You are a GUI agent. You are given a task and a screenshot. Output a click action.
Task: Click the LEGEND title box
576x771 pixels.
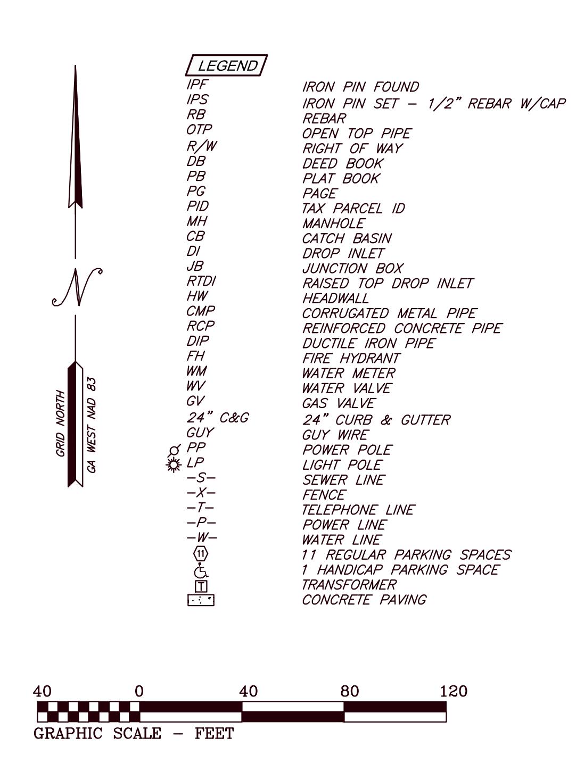[226, 65]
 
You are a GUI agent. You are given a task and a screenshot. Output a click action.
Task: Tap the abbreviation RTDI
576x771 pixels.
[201, 281]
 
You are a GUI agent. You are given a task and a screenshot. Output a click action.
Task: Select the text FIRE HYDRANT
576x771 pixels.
[351, 358]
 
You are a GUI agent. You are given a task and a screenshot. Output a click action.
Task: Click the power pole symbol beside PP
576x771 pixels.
[174, 450]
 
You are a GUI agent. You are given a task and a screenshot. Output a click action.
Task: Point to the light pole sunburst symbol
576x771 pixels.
[174, 465]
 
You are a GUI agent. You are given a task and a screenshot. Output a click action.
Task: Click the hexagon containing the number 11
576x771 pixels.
[201, 554]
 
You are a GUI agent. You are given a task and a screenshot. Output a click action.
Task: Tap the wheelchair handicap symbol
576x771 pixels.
[201, 571]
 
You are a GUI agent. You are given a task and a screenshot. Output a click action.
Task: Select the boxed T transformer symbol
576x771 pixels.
[201, 586]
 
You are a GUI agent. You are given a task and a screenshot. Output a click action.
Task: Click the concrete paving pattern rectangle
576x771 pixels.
[201, 600]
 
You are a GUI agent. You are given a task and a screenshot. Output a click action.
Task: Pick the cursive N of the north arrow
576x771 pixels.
[77, 287]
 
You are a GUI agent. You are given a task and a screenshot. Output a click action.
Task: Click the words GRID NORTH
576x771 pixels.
[61, 423]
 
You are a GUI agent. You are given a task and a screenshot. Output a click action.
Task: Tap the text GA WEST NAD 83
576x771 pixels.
[92, 425]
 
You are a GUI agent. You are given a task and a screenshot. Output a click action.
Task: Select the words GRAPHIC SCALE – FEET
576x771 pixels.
[134, 733]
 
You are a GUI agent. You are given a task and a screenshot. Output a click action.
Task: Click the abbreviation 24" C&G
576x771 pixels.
[218, 417]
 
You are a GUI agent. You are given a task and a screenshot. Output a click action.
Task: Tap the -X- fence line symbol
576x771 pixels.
[201, 493]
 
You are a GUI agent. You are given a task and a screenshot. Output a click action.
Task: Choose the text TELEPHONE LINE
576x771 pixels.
[358, 510]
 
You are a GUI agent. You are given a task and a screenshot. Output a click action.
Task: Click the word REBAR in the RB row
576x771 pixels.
[324, 118]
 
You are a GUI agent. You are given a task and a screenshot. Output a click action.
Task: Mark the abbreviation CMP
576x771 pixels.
[201, 311]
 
